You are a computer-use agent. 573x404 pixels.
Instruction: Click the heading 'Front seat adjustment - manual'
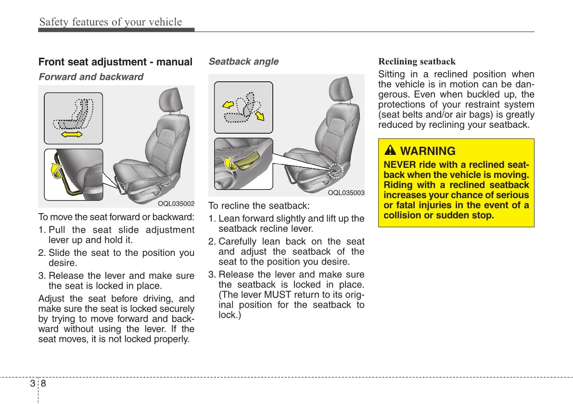click(x=115, y=62)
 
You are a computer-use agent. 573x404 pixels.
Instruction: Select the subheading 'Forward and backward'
click(x=91, y=77)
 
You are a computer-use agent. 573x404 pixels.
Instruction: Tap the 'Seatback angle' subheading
click(x=243, y=62)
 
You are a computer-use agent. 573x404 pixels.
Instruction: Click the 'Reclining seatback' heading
click(x=417, y=62)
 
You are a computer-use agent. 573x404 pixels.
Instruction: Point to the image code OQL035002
click(x=176, y=203)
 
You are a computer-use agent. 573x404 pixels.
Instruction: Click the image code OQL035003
click(x=346, y=193)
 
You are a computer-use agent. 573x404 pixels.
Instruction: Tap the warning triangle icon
click(x=390, y=151)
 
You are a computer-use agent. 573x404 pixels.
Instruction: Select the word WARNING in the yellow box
click(x=428, y=151)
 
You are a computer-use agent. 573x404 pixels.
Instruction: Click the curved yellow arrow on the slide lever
click(x=57, y=169)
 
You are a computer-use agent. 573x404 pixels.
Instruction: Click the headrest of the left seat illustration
click(x=170, y=100)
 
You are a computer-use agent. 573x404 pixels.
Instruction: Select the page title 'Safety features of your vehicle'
click(x=111, y=22)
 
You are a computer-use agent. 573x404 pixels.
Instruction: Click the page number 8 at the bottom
click(x=43, y=383)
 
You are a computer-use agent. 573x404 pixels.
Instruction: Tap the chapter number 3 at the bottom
click(x=32, y=383)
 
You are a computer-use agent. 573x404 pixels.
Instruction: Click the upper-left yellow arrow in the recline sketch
click(x=227, y=102)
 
